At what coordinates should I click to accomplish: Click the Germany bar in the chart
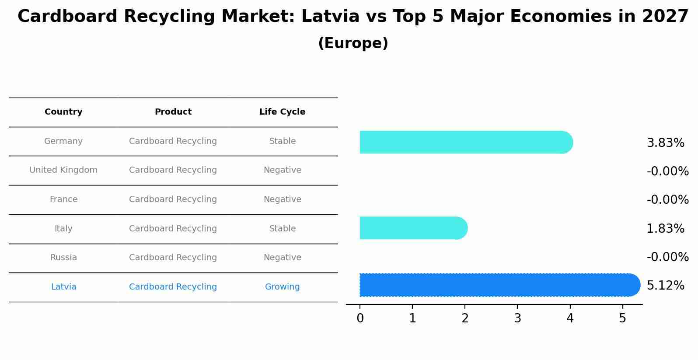pos(466,142)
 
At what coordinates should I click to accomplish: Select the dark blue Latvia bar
pos(499,285)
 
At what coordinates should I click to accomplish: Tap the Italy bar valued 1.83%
pos(413,228)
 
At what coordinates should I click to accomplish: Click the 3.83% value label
pos(665,143)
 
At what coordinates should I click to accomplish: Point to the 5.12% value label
pos(665,286)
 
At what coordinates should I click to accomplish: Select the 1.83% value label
pos(665,229)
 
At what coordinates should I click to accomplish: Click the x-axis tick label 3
pos(517,318)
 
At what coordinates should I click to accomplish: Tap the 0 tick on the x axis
pos(360,318)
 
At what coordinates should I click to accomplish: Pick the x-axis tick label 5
pos(622,318)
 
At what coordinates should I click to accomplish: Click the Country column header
pos(63,112)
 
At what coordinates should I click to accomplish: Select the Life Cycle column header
pos(282,112)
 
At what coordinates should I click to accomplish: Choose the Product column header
pos(173,112)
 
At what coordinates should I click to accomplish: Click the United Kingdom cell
pos(63,170)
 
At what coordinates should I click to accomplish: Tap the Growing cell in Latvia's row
pos(282,287)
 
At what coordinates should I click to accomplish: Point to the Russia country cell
pos(63,258)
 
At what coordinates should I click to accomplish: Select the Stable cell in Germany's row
pos(282,141)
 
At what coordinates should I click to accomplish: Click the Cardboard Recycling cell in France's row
pos(173,199)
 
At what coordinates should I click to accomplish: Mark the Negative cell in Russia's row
pos(282,258)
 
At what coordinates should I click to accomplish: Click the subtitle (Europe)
pos(353,43)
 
